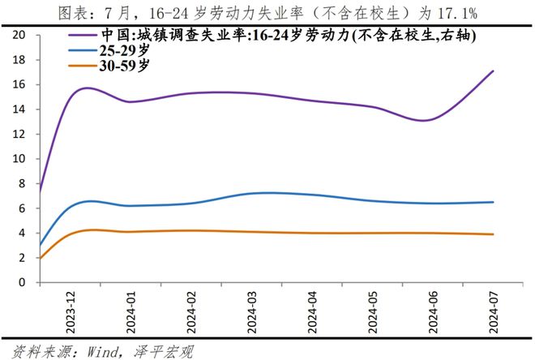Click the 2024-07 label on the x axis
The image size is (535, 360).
(493, 313)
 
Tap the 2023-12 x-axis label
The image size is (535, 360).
(71, 313)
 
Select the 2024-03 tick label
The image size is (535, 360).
(251, 313)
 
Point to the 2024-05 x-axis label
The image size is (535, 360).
(372, 313)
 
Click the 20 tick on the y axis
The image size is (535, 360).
(19, 35)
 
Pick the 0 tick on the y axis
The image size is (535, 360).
(22, 282)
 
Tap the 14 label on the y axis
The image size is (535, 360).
(19, 109)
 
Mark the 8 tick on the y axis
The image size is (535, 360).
(22, 183)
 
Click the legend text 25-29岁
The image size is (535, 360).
(125, 50)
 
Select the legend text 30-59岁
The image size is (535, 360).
(125, 65)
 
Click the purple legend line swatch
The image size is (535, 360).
(83, 35)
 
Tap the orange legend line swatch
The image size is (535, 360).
(83, 65)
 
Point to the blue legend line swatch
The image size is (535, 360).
(83, 50)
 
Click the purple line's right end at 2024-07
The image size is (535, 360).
(493, 71)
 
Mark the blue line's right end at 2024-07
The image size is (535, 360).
(493, 202)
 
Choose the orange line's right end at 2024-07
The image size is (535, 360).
(493, 234)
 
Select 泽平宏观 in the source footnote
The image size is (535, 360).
(164, 352)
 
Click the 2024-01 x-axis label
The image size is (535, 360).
(131, 313)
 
